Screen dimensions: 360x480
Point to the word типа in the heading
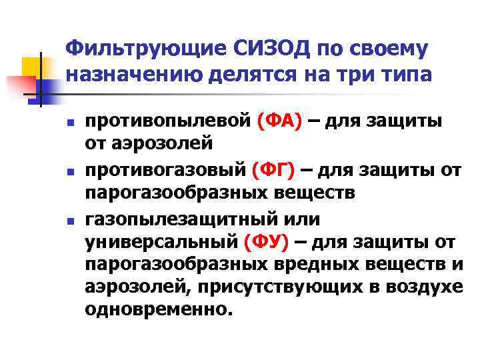(404, 75)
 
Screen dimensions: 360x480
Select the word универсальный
(160, 244)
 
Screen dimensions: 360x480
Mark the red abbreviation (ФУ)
(267, 244)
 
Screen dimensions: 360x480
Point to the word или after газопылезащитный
(303, 219)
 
